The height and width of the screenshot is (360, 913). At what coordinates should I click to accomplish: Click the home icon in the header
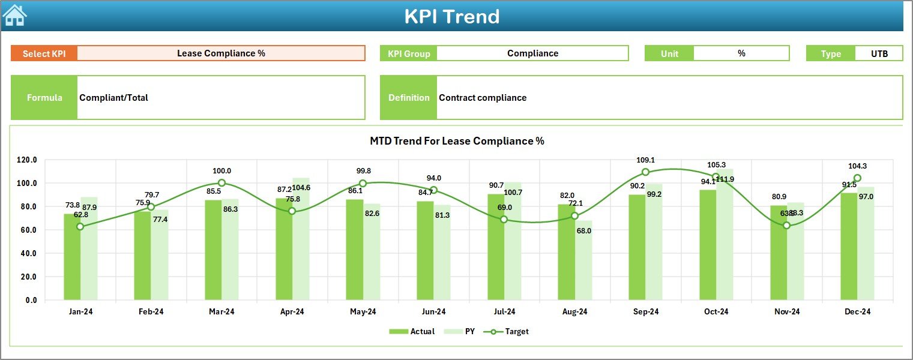(15, 15)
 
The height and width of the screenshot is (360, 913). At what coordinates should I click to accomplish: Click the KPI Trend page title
(451, 16)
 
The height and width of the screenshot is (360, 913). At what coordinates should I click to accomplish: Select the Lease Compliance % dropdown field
(221, 53)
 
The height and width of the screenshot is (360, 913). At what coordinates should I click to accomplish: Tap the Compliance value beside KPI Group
(532, 53)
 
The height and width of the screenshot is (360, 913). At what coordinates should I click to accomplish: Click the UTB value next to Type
(879, 53)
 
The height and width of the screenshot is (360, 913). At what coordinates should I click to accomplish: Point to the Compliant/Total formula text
(114, 98)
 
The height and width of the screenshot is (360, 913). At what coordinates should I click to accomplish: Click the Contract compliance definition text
(483, 98)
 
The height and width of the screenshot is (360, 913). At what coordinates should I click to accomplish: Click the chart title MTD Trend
(457, 142)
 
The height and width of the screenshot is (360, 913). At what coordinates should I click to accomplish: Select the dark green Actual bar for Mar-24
(213, 250)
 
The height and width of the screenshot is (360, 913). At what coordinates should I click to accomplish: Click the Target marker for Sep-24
(645, 172)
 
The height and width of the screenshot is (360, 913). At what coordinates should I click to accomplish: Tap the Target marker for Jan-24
(80, 227)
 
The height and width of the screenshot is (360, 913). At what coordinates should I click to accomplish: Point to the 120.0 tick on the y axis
(27, 160)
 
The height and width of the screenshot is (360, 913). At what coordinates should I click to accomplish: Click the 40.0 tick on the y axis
(27, 253)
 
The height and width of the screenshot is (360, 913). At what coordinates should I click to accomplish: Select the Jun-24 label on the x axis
(433, 312)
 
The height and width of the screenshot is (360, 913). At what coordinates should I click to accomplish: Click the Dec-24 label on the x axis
(857, 312)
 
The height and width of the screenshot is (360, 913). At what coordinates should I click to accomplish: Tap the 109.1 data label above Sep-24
(645, 160)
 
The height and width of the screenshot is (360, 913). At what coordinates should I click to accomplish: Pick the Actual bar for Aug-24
(567, 252)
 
